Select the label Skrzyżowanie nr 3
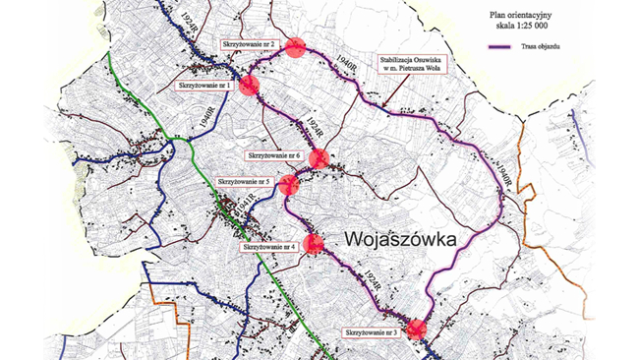pyautogui.click(x=371, y=334)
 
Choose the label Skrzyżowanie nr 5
pyautogui.click(x=244, y=182)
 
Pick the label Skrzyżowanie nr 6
pyautogui.click(x=273, y=155)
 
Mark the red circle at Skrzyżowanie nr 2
pyautogui.click(x=294, y=48)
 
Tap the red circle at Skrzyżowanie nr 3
pyautogui.click(x=418, y=330)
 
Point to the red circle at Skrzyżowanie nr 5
pyautogui.click(x=289, y=184)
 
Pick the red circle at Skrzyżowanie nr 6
pyautogui.click(x=319, y=157)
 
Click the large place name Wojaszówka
pyautogui.click(x=405, y=238)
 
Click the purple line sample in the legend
pyautogui.click(x=505, y=49)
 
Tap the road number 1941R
pyautogui.click(x=247, y=207)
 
